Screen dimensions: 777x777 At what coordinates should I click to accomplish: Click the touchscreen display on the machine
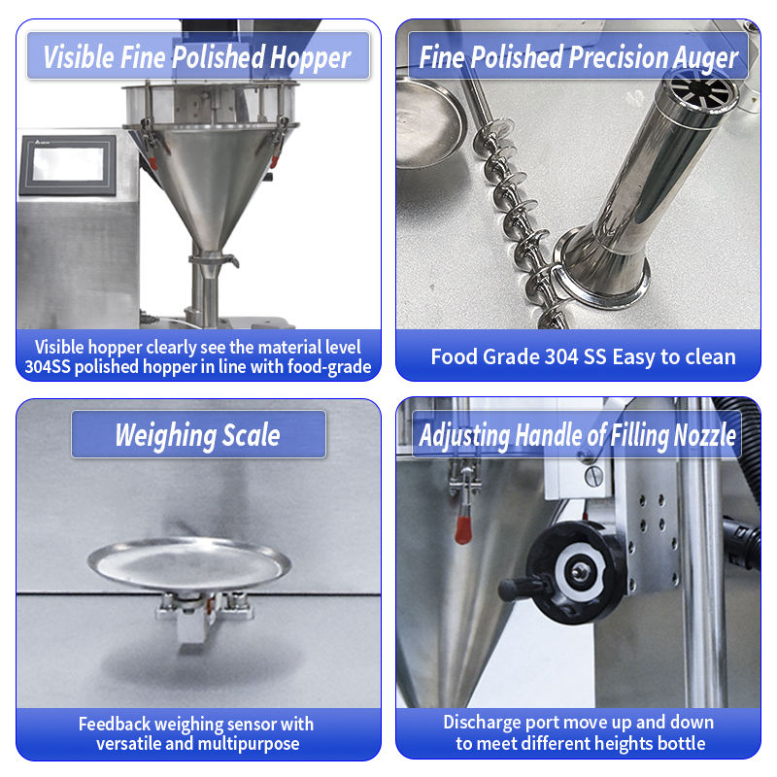68,164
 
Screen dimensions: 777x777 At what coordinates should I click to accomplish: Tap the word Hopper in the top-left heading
311,57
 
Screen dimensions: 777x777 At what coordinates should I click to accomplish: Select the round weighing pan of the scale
188,564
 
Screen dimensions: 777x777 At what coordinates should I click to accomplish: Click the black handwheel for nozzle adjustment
575,572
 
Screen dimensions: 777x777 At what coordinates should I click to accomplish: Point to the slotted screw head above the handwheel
594,476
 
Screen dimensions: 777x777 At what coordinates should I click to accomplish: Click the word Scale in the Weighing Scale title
251,435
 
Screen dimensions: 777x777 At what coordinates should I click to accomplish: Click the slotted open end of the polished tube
700,90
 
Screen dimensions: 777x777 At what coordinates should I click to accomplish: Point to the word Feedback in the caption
115,724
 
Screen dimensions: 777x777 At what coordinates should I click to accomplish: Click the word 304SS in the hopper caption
47,367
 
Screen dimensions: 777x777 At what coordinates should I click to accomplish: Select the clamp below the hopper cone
214,259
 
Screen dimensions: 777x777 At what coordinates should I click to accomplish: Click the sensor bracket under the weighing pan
204,615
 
